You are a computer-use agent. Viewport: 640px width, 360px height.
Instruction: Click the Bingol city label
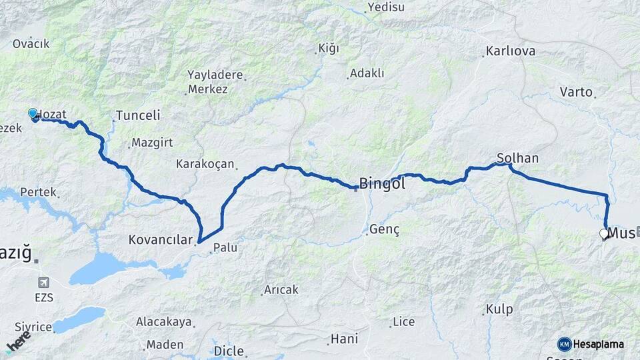pyautogui.click(x=382, y=183)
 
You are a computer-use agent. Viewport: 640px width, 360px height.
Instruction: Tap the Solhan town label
pyautogui.click(x=517, y=158)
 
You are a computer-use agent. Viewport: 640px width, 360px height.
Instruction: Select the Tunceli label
pyautogui.click(x=138, y=115)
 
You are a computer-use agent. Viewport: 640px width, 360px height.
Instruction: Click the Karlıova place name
pyautogui.click(x=511, y=51)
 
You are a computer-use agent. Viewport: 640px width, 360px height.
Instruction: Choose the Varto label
pyautogui.click(x=576, y=91)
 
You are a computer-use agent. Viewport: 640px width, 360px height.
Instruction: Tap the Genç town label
pyautogui.click(x=387, y=230)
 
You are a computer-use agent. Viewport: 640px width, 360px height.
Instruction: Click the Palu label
pyautogui.click(x=225, y=248)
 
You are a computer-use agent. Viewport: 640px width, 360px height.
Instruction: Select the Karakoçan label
pyautogui.click(x=205, y=163)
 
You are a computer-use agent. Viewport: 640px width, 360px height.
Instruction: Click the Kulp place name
pyautogui.click(x=499, y=309)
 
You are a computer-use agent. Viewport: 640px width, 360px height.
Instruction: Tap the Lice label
pyautogui.click(x=403, y=322)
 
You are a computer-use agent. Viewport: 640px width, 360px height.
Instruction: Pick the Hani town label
pyautogui.click(x=344, y=339)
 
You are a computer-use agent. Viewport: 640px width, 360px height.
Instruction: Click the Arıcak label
pyautogui.click(x=281, y=290)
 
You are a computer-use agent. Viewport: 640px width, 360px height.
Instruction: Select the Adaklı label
pyautogui.click(x=367, y=73)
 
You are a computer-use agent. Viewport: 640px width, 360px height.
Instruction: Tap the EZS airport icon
pyautogui.click(x=45, y=283)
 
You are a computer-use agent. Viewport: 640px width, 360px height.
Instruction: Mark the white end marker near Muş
pyautogui.click(x=604, y=234)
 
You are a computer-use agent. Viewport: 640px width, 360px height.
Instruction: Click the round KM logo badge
pyautogui.click(x=565, y=344)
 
